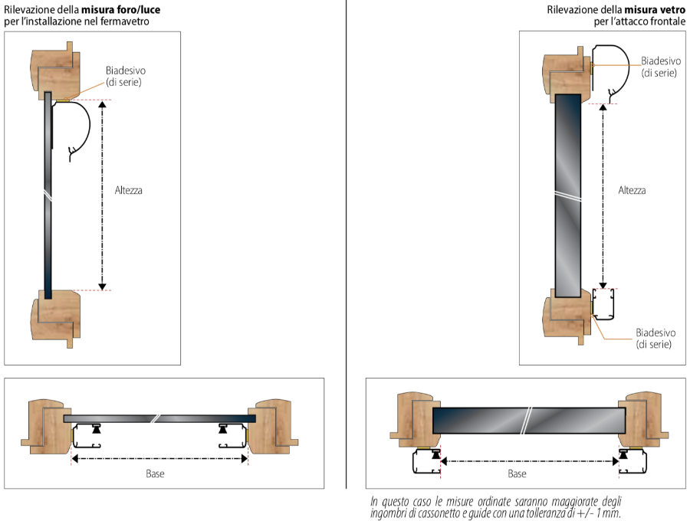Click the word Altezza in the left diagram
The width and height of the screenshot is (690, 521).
pyautogui.click(x=129, y=190)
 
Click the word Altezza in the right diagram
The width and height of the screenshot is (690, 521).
pyautogui.click(x=632, y=190)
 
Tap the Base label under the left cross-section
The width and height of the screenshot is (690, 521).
pyautogui.click(x=155, y=473)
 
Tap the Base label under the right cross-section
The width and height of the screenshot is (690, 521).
pyautogui.click(x=517, y=473)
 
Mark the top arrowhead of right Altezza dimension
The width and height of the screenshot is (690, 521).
pyautogui.click(x=603, y=106)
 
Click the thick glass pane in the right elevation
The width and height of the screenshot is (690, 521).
pyautogui.click(x=568, y=195)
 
